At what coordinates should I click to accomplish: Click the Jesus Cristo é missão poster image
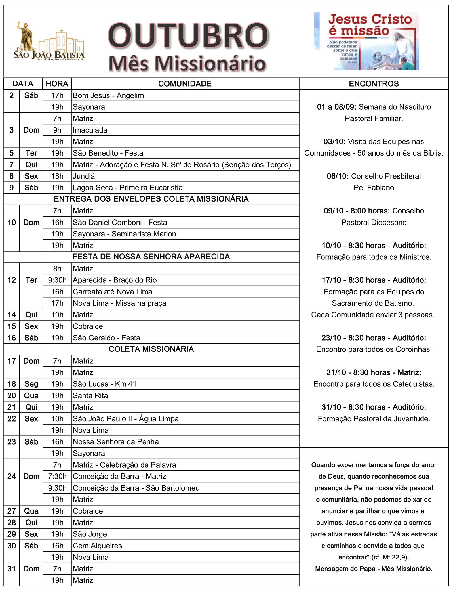366,41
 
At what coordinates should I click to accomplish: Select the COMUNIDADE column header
185,84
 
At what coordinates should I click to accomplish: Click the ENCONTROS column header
374,84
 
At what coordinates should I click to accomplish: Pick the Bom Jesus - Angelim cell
108,95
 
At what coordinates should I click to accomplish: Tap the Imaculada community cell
90,130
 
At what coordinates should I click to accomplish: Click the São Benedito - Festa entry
108,153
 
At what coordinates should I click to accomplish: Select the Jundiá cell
84,176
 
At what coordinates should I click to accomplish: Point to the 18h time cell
57,176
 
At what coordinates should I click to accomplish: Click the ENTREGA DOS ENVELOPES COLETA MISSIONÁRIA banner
151,199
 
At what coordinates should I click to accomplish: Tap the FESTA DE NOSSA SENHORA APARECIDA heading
151,257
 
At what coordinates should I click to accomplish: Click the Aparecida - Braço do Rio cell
115,280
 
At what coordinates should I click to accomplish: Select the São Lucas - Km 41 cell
105,384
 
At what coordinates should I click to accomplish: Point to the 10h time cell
57,419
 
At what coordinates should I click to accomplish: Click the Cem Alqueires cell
98,546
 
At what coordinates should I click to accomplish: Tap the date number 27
12,511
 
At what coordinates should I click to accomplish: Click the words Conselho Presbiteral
386,176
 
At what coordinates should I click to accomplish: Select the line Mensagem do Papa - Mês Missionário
374,569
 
